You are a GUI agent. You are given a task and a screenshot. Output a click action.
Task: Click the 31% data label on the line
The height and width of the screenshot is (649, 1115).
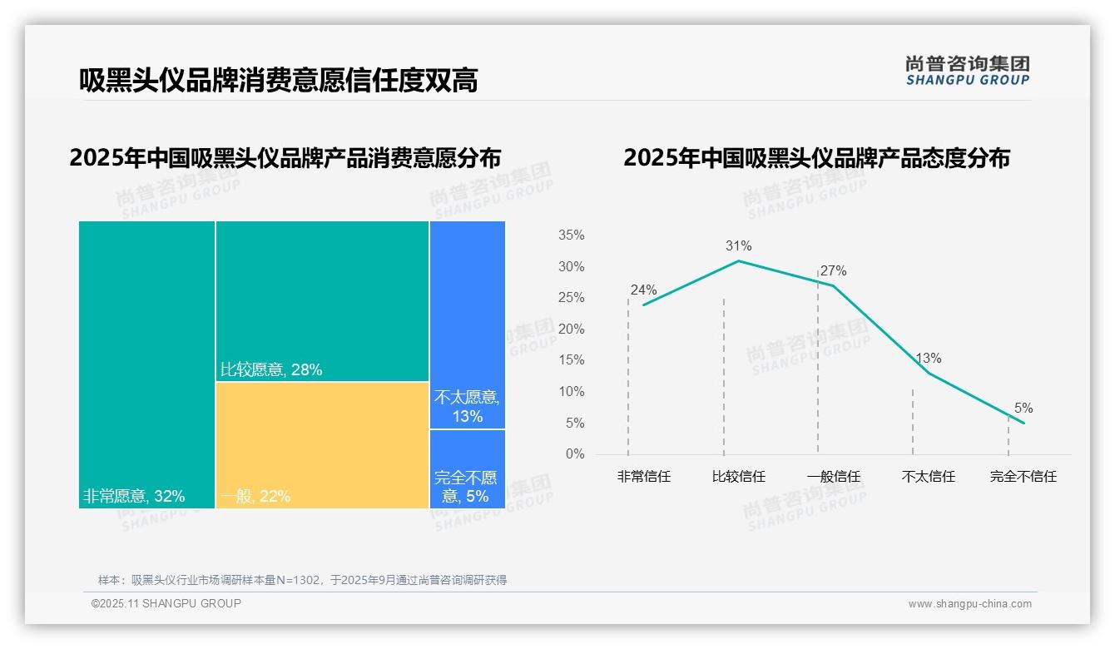tap(738, 246)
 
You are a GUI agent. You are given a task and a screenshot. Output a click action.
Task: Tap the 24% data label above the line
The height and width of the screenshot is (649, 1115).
tap(643, 290)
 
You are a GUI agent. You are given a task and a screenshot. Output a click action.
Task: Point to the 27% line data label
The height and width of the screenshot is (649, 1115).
tap(833, 271)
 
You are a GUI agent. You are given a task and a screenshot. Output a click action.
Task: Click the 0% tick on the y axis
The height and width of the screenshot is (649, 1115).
tap(575, 454)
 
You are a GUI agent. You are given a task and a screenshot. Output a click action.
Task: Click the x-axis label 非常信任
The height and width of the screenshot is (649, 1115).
tap(643, 477)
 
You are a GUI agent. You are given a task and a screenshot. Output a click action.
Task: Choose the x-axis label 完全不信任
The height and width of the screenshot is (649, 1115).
tap(1023, 477)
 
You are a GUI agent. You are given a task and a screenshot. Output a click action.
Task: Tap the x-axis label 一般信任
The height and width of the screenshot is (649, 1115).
tap(833, 477)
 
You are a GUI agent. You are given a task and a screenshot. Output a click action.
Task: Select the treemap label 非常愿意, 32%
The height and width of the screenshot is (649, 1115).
tap(133, 497)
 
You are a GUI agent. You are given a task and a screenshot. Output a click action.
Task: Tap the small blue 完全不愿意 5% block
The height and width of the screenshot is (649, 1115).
tap(468, 468)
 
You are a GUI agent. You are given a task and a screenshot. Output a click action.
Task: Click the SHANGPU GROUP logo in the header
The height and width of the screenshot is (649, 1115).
tap(967, 70)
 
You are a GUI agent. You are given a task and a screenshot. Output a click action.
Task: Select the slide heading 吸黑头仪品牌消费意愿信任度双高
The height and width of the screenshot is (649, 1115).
tap(278, 81)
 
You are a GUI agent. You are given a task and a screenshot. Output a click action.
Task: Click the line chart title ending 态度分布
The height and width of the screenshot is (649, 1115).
tap(815, 158)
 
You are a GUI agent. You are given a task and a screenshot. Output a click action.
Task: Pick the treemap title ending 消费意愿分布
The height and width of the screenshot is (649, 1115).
tap(285, 158)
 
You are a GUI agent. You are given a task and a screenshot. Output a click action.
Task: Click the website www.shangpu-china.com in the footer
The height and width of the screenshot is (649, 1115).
tap(969, 604)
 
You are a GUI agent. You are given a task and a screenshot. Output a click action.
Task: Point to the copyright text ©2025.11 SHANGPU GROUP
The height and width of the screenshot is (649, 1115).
tap(166, 603)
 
